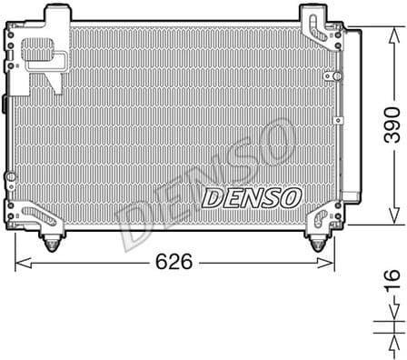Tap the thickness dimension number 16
click(391, 284)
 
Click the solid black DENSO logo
click(249, 197)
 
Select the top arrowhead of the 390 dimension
click(392, 30)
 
